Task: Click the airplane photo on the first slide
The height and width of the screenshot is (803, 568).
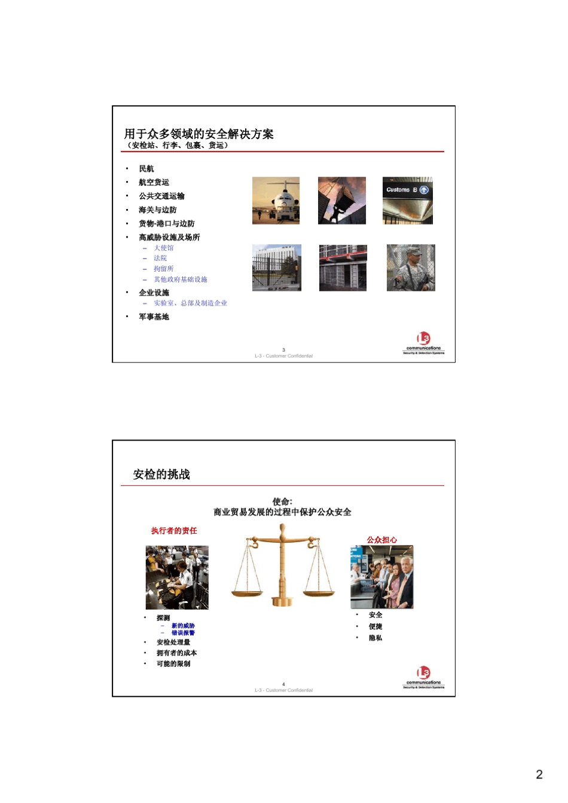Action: pyautogui.click(x=276, y=201)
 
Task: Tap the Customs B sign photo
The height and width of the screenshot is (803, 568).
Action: pyautogui.click(x=407, y=201)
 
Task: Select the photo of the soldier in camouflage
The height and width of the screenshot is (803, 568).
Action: pyautogui.click(x=411, y=267)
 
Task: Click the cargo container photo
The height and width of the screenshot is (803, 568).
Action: pyautogui.click(x=341, y=201)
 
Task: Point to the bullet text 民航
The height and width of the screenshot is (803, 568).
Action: pyautogui.click(x=146, y=169)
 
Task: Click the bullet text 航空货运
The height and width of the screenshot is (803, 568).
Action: pyautogui.click(x=154, y=182)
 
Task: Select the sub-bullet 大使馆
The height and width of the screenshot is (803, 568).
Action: pyautogui.click(x=163, y=248)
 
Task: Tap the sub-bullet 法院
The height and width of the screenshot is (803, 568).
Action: pyautogui.click(x=160, y=258)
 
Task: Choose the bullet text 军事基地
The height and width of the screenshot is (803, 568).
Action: pyautogui.click(x=154, y=317)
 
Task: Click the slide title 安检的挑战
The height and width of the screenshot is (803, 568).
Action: pyautogui.click(x=161, y=475)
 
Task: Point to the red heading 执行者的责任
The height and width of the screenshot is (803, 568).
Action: pyautogui.click(x=174, y=531)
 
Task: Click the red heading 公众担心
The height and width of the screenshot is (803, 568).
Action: pyautogui.click(x=381, y=540)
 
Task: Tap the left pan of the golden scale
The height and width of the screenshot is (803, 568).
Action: pyautogui.click(x=247, y=593)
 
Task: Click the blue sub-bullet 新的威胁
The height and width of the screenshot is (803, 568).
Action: pyautogui.click(x=183, y=626)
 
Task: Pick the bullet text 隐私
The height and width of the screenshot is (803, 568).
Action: pyautogui.click(x=375, y=638)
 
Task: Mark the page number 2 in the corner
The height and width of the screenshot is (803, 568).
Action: pyautogui.click(x=539, y=774)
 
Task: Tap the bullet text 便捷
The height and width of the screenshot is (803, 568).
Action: pyautogui.click(x=375, y=626)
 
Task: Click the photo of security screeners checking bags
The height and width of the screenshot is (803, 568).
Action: pyautogui.click(x=177, y=577)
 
